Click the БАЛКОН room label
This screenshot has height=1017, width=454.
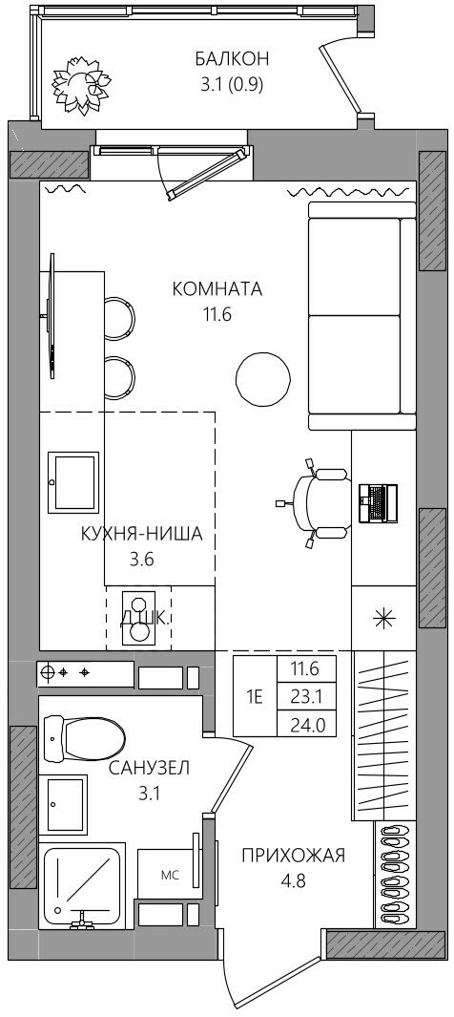232,59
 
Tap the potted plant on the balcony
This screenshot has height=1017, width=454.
80,82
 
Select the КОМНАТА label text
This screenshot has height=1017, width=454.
217,289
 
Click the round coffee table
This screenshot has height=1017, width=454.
263,379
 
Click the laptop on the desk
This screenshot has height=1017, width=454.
378,502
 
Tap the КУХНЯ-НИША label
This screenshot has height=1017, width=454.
142,534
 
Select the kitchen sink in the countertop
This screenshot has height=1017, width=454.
73,482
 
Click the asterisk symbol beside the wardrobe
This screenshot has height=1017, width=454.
384,618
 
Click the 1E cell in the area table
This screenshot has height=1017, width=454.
254,698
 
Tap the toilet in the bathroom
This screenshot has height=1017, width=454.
84,736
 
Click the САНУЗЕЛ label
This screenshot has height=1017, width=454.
149,769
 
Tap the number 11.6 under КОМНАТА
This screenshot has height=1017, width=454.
217,315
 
